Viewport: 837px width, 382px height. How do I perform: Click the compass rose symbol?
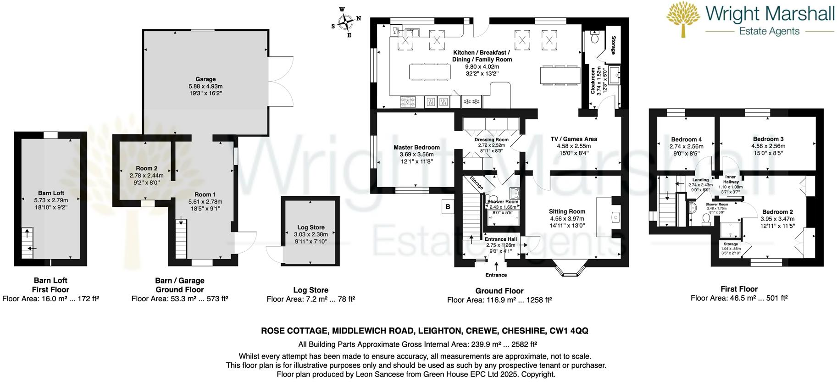coord(346,22)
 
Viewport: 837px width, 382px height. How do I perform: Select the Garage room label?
coord(205,79)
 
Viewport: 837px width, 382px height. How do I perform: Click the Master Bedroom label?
coord(416,147)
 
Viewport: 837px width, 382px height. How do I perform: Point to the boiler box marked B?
coord(448,207)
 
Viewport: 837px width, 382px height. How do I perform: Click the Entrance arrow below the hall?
coord(496,266)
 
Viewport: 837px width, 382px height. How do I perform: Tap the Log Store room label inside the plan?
coord(310,227)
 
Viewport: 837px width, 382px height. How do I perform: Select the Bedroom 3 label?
coord(768,139)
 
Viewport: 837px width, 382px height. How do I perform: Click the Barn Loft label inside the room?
coord(51,193)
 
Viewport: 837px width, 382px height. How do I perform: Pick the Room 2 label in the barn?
coord(146,168)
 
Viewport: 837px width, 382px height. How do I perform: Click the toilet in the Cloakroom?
coord(595,37)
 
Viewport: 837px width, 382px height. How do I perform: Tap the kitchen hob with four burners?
coord(408,101)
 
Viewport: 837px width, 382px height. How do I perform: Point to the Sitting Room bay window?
coord(571,271)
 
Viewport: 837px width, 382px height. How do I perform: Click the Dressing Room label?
coord(491,140)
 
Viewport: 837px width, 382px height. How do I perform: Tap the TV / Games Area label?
coord(574,139)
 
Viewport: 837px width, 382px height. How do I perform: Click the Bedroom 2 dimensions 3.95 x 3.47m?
coord(777,219)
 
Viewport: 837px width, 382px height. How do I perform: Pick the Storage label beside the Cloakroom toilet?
coord(613,45)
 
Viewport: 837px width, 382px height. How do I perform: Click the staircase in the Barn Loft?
coord(28,243)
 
